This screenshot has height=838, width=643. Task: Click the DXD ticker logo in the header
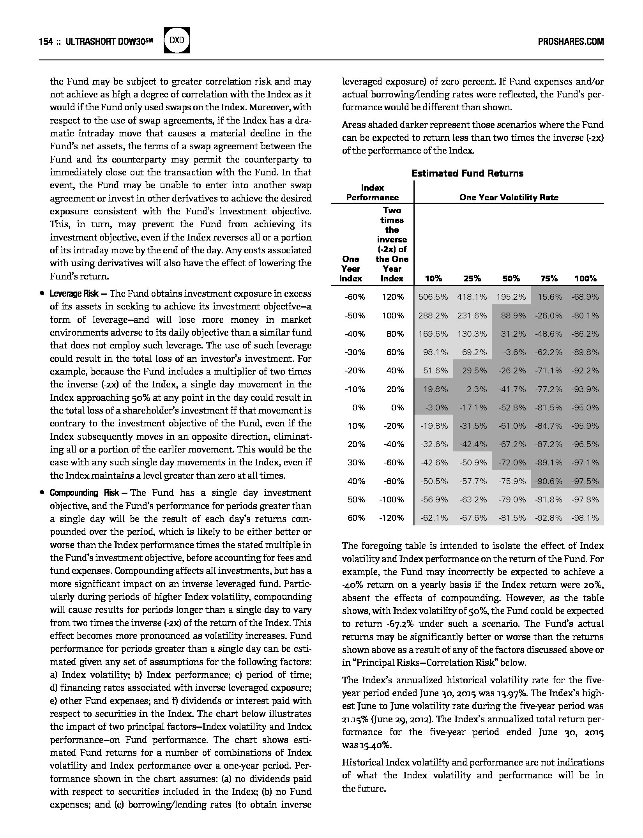177,40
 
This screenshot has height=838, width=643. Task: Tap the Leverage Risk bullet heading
74,293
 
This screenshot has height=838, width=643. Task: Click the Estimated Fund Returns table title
467,173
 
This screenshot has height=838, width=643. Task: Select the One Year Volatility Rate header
509,197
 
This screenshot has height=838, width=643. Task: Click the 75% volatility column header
549,278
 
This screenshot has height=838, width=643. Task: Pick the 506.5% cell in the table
433,297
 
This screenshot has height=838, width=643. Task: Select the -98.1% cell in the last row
585,518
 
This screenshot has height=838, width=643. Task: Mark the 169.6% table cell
433,334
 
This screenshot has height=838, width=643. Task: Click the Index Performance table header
373,193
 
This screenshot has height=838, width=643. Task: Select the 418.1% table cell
472,297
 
